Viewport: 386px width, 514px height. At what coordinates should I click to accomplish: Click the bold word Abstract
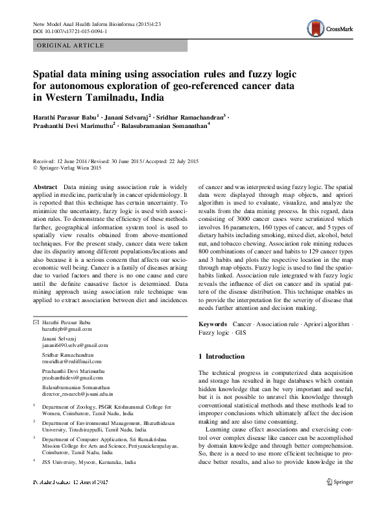pyautogui.click(x=45, y=186)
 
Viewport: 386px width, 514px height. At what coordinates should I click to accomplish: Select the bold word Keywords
pyautogui.click(x=212, y=323)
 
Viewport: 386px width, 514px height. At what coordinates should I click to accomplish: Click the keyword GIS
pyautogui.click(x=241, y=332)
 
